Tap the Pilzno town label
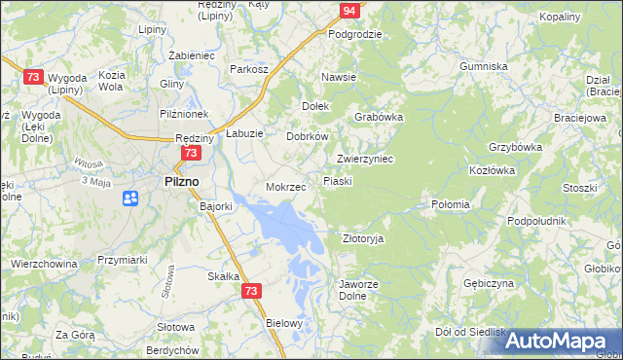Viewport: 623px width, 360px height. (x=181, y=181)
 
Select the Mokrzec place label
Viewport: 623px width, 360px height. (x=286, y=186)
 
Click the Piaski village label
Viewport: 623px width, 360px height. (x=337, y=181)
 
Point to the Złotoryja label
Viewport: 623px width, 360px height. (x=364, y=237)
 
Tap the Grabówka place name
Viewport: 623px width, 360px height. (x=379, y=116)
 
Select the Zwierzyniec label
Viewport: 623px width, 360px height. (x=364, y=159)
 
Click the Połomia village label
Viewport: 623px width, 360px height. (x=451, y=204)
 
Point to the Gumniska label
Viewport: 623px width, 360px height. (x=485, y=66)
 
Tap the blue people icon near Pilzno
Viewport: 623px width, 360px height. (x=130, y=198)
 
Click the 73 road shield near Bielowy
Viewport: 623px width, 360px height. (x=252, y=291)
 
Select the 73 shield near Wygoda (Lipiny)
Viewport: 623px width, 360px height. (x=34, y=77)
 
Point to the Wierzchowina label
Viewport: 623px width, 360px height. (x=44, y=263)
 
